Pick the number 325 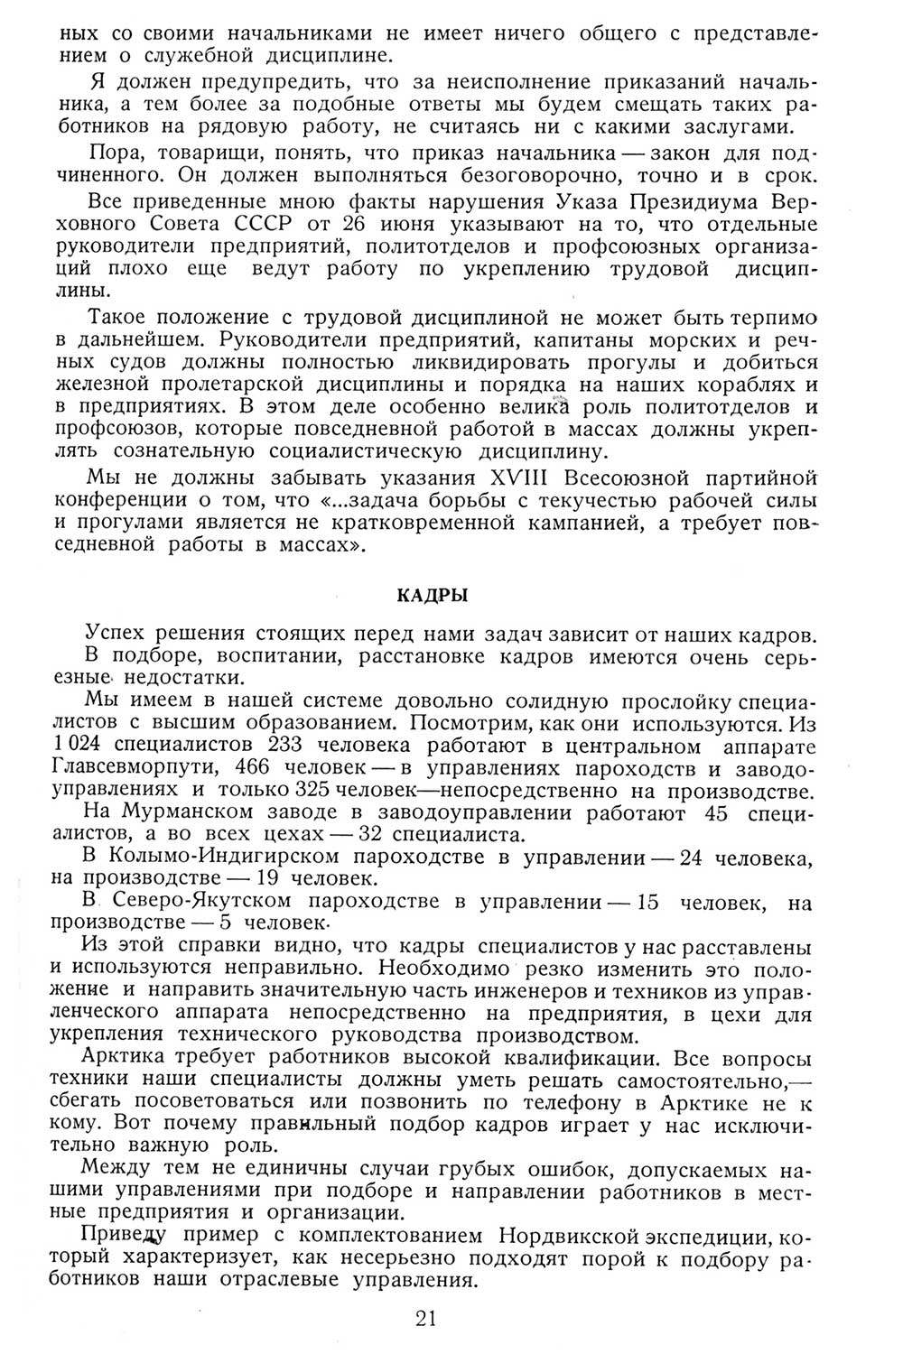point(315,792)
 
